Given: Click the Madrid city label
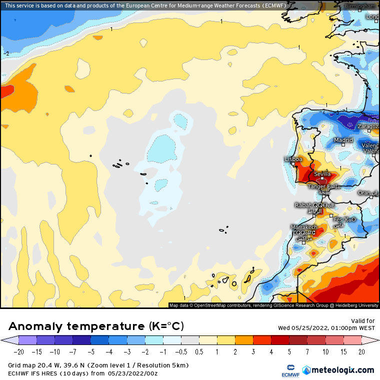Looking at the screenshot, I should click(x=343, y=140).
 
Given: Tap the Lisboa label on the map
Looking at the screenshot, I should click(x=293, y=159).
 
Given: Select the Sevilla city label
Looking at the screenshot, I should click(x=322, y=174).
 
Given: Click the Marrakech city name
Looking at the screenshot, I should click(x=303, y=227).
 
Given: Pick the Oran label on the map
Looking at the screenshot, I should click(x=364, y=193).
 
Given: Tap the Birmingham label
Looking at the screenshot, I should click(x=360, y=6).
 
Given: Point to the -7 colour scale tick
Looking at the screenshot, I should click(x=72, y=352).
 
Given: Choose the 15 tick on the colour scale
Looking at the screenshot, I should click(x=343, y=352).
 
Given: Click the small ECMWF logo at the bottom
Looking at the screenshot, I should click(x=286, y=370).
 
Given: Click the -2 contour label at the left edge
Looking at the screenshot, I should click(x=6, y=53).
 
